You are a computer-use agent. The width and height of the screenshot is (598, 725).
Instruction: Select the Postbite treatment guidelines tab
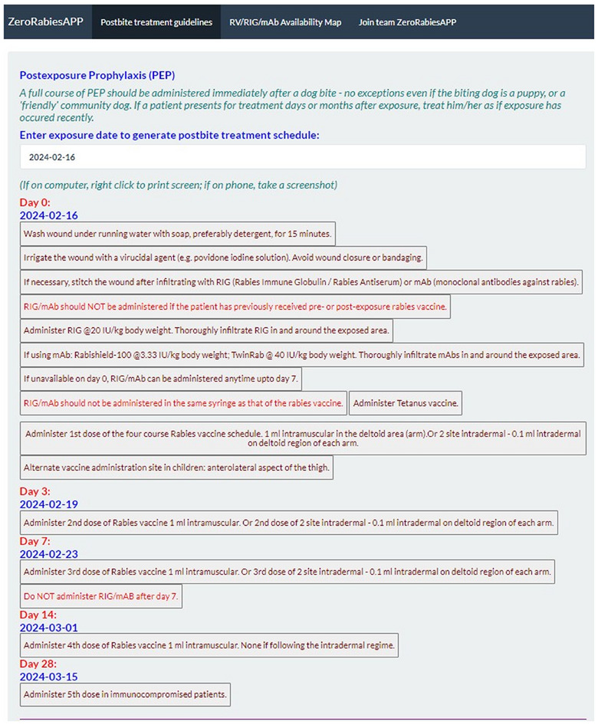(x=156, y=22)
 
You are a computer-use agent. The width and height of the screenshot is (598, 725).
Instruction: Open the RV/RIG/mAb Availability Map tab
(x=285, y=22)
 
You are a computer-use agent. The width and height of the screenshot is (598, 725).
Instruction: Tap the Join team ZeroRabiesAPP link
(x=407, y=22)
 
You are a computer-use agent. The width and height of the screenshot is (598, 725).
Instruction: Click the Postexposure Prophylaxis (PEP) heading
(x=97, y=75)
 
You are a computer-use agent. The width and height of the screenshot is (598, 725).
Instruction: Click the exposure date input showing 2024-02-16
(x=302, y=157)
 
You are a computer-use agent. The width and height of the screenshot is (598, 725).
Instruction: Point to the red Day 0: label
(x=35, y=202)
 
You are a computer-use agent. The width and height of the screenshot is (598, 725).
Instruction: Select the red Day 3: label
(x=35, y=490)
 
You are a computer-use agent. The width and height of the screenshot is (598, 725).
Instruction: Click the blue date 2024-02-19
(x=49, y=504)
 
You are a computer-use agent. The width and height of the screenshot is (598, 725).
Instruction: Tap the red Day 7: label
(x=35, y=541)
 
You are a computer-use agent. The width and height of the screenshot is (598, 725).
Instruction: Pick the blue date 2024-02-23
(x=49, y=554)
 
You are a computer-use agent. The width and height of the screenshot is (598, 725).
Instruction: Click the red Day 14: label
(x=38, y=615)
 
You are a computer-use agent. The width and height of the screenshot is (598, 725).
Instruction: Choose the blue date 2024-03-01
(x=49, y=628)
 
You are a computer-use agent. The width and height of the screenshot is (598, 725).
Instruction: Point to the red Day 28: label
(x=38, y=664)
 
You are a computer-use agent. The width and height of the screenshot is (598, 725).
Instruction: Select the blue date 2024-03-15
(x=49, y=677)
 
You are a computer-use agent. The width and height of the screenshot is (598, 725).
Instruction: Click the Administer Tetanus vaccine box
(x=406, y=402)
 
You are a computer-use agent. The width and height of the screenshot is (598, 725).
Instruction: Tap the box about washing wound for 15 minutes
(x=178, y=234)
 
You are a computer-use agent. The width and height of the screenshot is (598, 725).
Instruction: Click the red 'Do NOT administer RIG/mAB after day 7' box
(x=101, y=595)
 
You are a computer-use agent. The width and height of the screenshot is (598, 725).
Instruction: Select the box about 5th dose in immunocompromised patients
(x=125, y=694)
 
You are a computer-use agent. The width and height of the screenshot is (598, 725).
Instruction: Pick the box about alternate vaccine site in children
(x=176, y=467)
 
